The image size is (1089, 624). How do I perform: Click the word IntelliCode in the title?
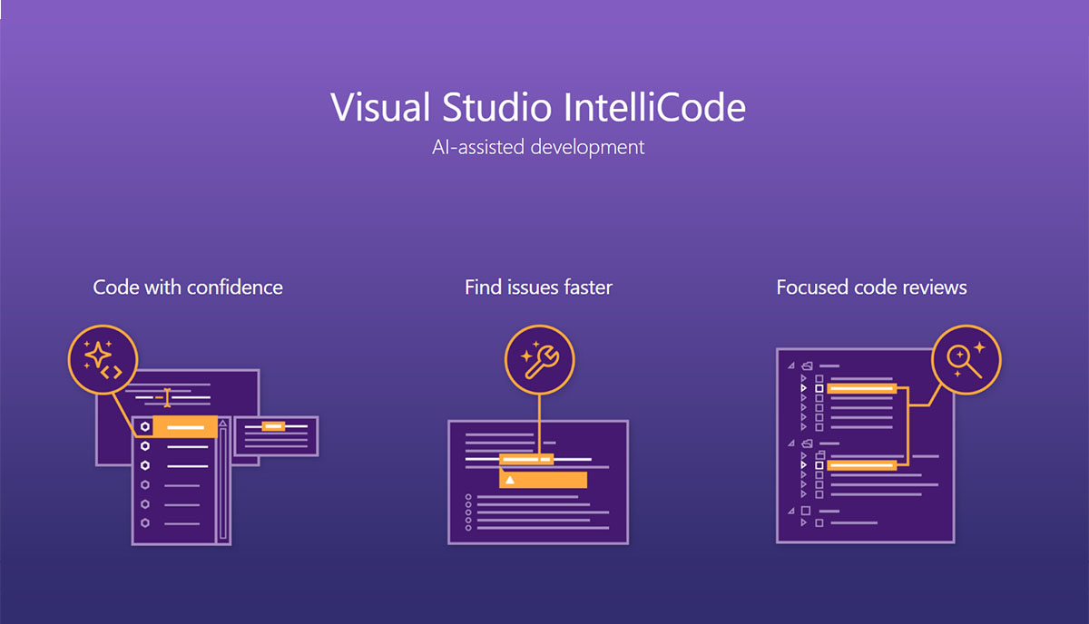[654, 107]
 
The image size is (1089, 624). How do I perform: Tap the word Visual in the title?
[380, 107]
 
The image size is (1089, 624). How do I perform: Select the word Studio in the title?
[496, 107]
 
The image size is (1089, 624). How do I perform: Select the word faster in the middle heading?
[588, 288]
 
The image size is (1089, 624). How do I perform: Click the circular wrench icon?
[540, 360]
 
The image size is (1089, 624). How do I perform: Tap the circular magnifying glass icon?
[966, 360]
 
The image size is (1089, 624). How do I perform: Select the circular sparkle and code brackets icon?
[103, 360]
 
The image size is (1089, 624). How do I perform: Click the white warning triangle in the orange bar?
[510, 480]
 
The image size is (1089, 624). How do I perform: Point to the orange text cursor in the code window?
[167, 397]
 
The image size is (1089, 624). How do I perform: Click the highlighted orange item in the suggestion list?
[185, 426]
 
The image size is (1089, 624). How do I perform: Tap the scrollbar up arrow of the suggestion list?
[222, 424]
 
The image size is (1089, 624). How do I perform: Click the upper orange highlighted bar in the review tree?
[861, 388]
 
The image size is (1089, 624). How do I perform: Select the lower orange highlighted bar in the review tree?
[861, 465]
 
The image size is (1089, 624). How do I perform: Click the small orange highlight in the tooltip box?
[273, 426]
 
